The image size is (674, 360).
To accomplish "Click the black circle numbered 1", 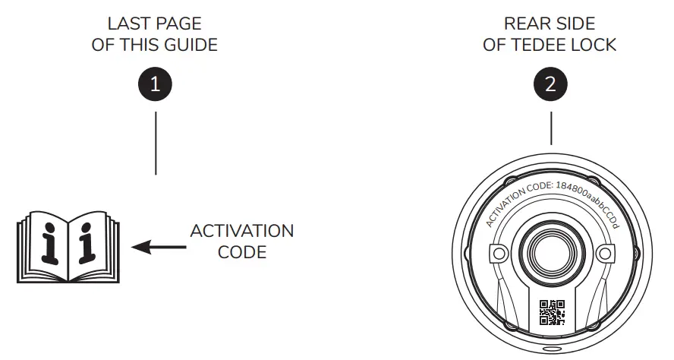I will (x=155, y=84).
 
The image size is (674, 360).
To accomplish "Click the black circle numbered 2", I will (x=550, y=84).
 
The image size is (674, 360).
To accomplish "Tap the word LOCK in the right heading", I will (x=595, y=45).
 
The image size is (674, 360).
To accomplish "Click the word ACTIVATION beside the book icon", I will (x=242, y=230).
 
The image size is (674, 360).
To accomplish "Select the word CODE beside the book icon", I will (x=242, y=251).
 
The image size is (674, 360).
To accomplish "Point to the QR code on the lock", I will (x=552, y=312).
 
